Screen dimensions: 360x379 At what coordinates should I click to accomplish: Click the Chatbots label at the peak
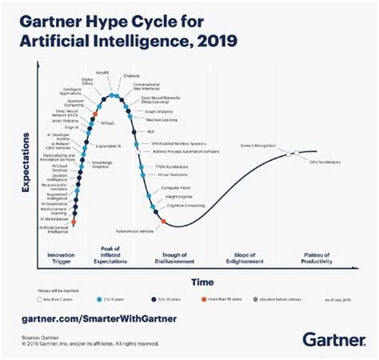[x=132, y=78]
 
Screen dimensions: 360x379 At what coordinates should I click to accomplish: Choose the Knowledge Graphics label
[x=102, y=164]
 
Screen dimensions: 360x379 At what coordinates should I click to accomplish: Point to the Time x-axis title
[x=201, y=281]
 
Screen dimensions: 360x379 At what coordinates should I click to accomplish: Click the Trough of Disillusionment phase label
[x=175, y=257]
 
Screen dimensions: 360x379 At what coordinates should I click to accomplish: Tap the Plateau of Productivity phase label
[x=320, y=257]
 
